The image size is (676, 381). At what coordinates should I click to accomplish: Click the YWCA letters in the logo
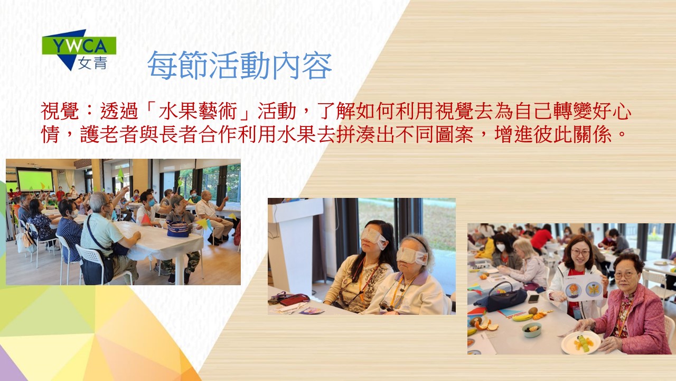tap(79, 46)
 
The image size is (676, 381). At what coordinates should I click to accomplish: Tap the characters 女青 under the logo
tap(92, 63)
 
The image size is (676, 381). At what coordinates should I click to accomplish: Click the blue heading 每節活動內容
tap(240, 65)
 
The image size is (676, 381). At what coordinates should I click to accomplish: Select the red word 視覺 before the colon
tap(60, 111)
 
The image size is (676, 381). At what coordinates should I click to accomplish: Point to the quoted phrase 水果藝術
tap(197, 111)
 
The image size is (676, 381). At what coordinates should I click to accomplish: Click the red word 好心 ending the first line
tap(612, 111)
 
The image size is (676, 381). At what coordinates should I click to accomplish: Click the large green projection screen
tap(35, 180)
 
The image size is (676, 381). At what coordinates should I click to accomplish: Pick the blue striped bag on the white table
tap(178, 230)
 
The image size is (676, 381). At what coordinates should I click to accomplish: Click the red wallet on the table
tap(294, 299)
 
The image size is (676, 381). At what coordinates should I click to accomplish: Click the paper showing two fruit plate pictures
tap(584, 287)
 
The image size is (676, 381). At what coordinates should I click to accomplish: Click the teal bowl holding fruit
tap(531, 330)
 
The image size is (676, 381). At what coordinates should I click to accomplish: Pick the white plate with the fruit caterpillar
tap(580, 342)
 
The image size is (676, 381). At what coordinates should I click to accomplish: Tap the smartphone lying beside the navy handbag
tap(533, 299)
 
